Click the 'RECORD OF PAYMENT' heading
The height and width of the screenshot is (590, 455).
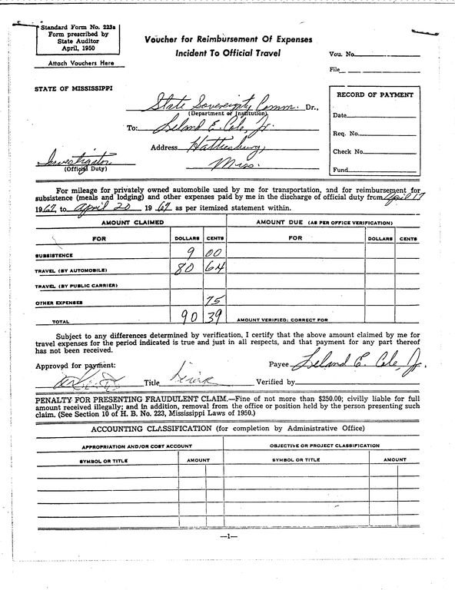click(x=376, y=94)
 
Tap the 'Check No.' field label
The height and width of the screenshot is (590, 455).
click(x=347, y=152)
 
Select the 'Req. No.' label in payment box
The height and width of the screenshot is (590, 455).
click(x=347, y=134)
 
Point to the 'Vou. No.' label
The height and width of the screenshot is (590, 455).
click(x=341, y=55)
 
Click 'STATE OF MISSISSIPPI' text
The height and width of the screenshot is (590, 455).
click(x=74, y=88)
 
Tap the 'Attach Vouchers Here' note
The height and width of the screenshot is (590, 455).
click(x=80, y=63)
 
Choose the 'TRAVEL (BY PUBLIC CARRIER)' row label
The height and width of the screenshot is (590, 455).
click(x=76, y=287)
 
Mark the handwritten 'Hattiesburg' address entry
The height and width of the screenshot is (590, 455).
click(x=218, y=147)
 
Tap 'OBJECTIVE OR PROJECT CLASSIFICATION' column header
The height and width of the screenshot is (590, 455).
click(x=324, y=446)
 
